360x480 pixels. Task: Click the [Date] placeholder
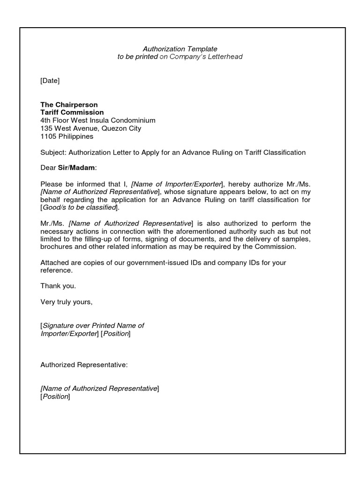(x=50, y=81)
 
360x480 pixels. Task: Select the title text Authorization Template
(x=180, y=49)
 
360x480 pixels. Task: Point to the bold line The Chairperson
(x=69, y=105)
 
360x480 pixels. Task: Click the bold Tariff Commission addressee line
(x=72, y=112)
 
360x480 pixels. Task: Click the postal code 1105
(x=48, y=136)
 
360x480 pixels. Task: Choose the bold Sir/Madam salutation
(x=79, y=168)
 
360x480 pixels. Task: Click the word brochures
(x=56, y=247)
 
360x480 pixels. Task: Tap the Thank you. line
(x=58, y=286)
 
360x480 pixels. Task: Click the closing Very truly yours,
(x=67, y=302)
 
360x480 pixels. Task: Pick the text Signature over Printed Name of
(x=93, y=326)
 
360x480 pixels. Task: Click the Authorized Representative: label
(x=84, y=365)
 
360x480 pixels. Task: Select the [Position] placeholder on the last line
(x=55, y=397)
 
